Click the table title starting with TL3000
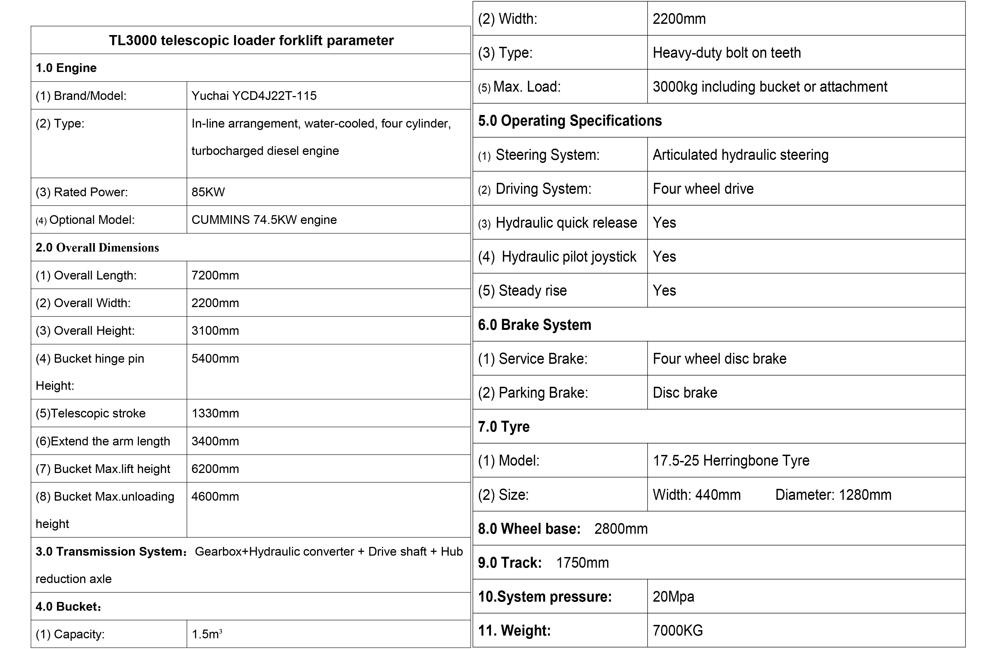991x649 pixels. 251,41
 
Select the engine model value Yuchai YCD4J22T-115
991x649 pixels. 254,96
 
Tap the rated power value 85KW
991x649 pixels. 208,192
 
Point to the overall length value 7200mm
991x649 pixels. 215,275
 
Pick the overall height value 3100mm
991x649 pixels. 215,331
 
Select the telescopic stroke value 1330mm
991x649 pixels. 215,413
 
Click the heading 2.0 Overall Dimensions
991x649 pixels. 97,247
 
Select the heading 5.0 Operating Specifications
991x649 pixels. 570,120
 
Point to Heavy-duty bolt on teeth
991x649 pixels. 727,53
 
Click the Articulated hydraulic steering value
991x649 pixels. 740,155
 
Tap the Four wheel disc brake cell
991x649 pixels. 720,359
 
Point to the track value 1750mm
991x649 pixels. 582,563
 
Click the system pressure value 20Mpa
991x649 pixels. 673,596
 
